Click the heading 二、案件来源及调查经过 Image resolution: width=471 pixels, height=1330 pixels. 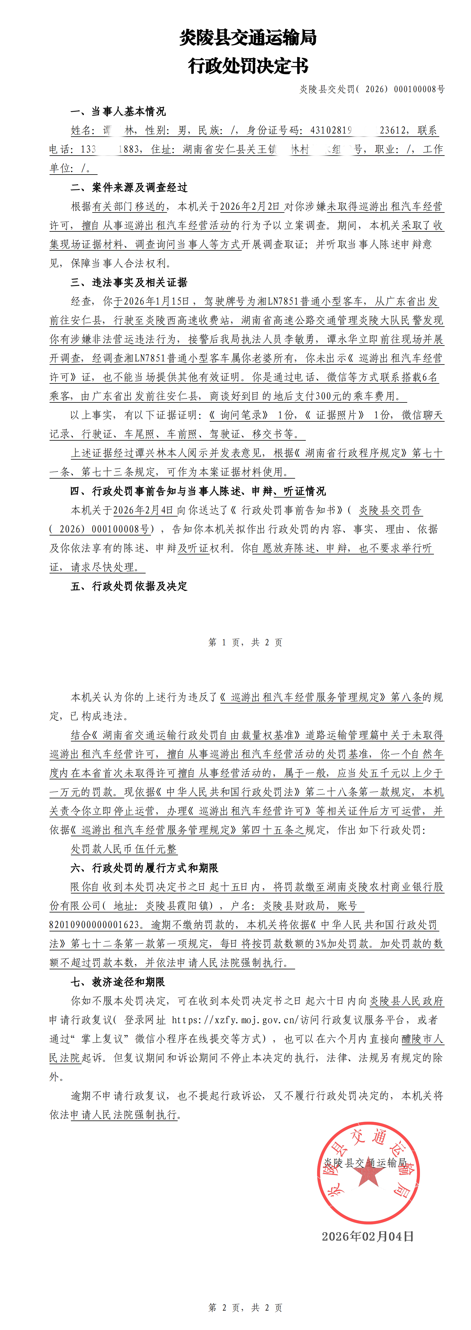tap(129, 187)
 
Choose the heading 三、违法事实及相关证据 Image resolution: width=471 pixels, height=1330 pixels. tap(129, 282)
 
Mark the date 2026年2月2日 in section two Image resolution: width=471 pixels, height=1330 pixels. tap(252, 207)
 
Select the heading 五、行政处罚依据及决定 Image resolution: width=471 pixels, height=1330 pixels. tap(129, 586)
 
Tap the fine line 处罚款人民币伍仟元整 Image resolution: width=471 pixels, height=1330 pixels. tap(124, 849)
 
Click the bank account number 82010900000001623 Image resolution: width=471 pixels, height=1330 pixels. tap(95, 925)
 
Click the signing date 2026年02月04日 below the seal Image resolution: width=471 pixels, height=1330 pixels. tap(367, 1236)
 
